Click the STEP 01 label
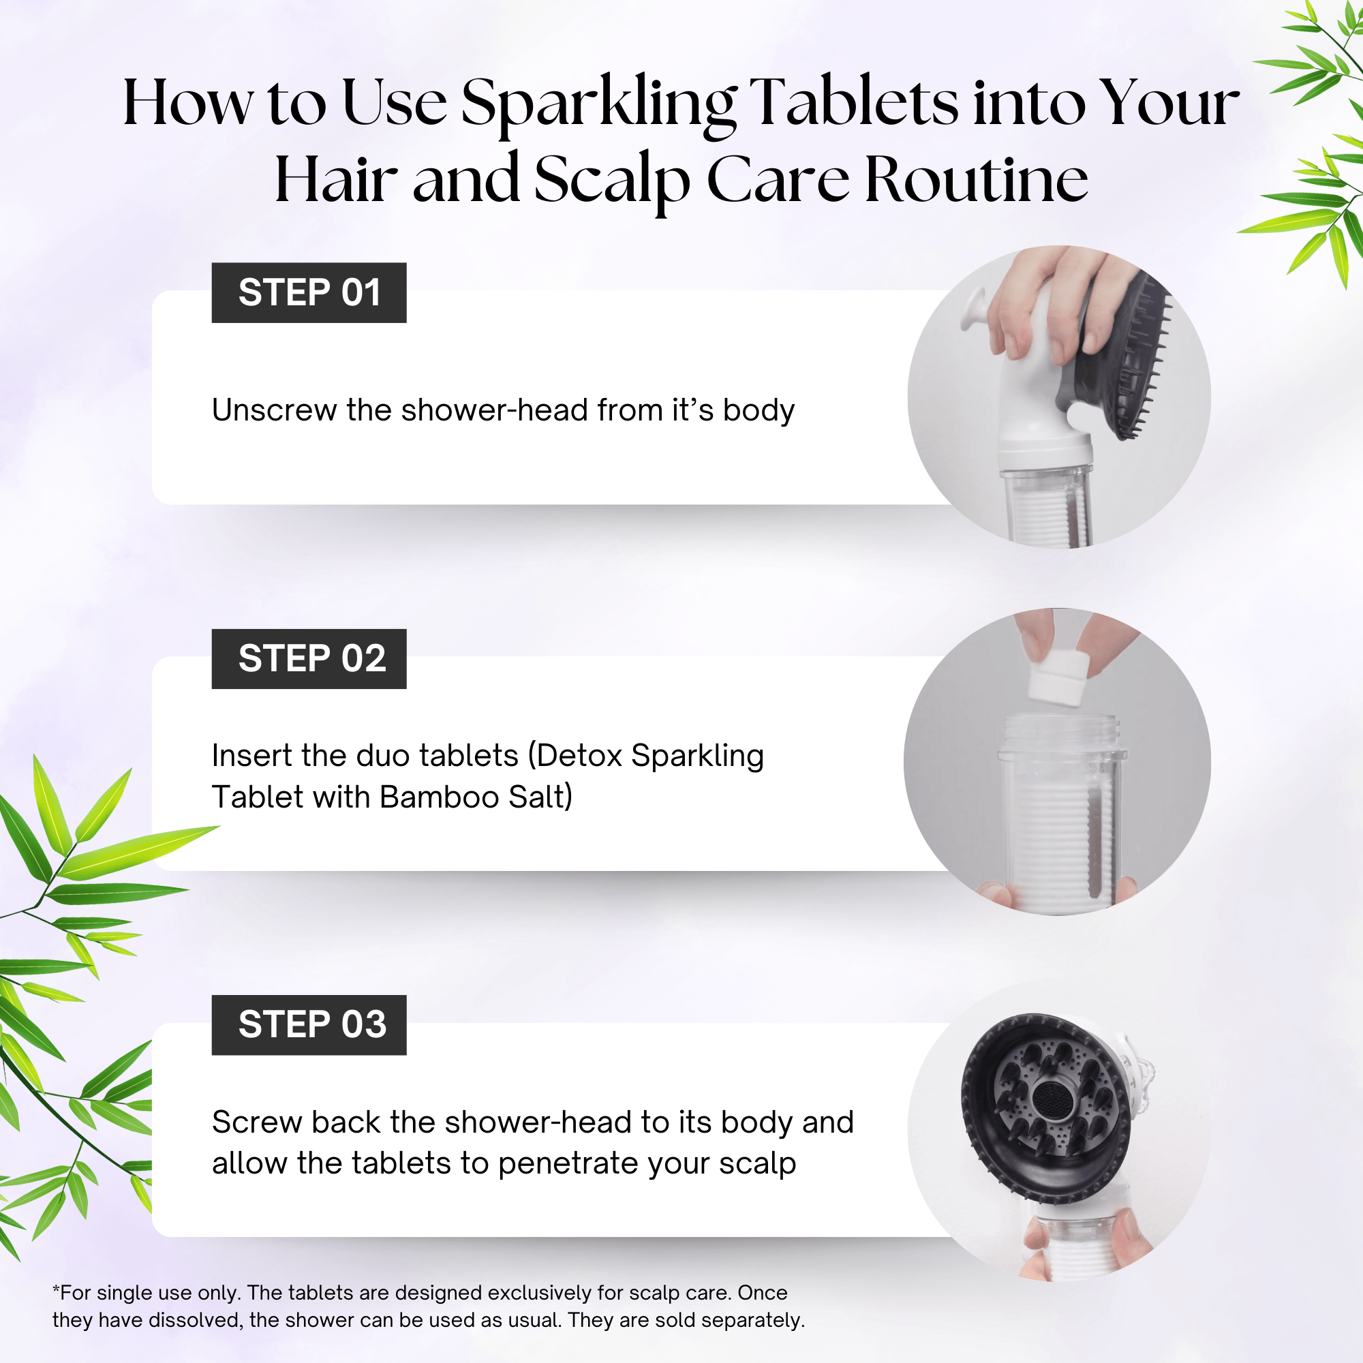coord(309,293)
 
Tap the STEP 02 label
coord(309,659)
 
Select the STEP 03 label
coord(309,1024)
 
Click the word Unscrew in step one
coord(274,410)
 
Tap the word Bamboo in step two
coord(439,797)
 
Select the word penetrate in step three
coord(568,1163)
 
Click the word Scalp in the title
coord(611,180)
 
